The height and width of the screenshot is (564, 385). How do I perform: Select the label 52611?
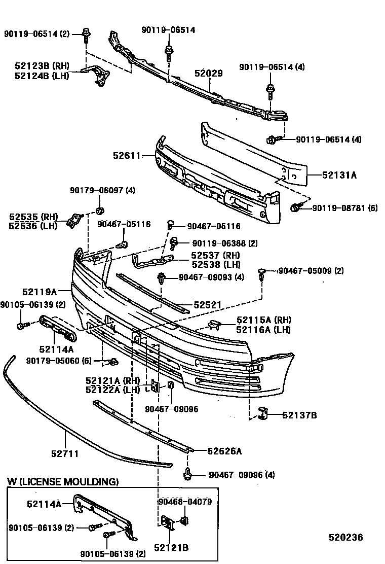(127, 156)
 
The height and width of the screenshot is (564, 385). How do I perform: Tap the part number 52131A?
(339, 175)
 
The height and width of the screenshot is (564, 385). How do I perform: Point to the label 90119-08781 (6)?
(344, 208)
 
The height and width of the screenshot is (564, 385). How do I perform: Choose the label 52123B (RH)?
(42, 66)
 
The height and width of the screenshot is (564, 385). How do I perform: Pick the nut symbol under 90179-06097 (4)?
(99, 210)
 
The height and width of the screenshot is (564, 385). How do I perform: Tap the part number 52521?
(208, 305)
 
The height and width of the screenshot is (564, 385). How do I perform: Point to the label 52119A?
(39, 292)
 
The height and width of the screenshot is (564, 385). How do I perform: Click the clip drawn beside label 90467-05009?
(262, 273)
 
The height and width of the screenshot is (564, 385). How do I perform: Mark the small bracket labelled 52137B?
(262, 413)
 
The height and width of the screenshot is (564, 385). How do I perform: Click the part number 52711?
(65, 453)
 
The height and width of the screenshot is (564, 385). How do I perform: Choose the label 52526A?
(224, 450)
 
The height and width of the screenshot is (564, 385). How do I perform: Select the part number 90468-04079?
(184, 502)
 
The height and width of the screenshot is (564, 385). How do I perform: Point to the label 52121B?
(171, 547)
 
